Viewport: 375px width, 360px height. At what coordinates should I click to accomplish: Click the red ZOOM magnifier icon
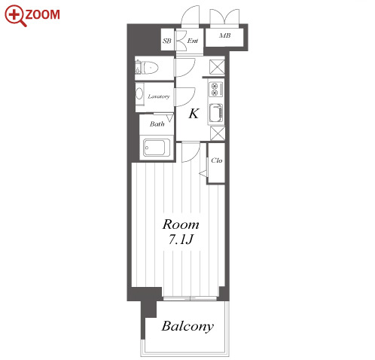[x=16, y=16]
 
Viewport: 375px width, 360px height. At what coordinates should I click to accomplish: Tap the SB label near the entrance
[x=166, y=41]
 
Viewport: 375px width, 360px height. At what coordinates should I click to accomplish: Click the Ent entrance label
[x=193, y=41]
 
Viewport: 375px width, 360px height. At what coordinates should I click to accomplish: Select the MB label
[x=224, y=35]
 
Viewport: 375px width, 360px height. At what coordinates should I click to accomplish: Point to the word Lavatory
[x=159, y=96]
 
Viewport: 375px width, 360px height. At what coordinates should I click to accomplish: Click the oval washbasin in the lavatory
[x=139, y=95]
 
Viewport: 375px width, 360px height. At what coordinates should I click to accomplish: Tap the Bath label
[x=157, y=124]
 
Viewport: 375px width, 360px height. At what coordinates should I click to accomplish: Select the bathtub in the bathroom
[x=154, y=148]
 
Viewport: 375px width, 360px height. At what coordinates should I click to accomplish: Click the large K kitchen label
[x=194, y=114]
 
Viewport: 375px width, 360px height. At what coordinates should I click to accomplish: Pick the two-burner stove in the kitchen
[x=216, y=90]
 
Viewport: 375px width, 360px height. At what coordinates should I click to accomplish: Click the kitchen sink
[x=216, y=113]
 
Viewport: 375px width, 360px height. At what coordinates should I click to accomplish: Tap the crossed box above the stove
[x=217, y=67]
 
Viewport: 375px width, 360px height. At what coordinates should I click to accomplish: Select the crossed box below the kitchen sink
[x=218, y=133]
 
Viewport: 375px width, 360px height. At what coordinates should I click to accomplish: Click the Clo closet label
[x=217, y=160]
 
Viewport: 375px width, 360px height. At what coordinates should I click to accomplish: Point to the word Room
[x=181, y=224]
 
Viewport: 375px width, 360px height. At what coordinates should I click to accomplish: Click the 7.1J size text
[x=181, y=239]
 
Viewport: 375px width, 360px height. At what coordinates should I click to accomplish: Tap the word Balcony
[x=187, y=327]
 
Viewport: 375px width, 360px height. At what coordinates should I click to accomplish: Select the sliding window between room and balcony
[x=190, y=298]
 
